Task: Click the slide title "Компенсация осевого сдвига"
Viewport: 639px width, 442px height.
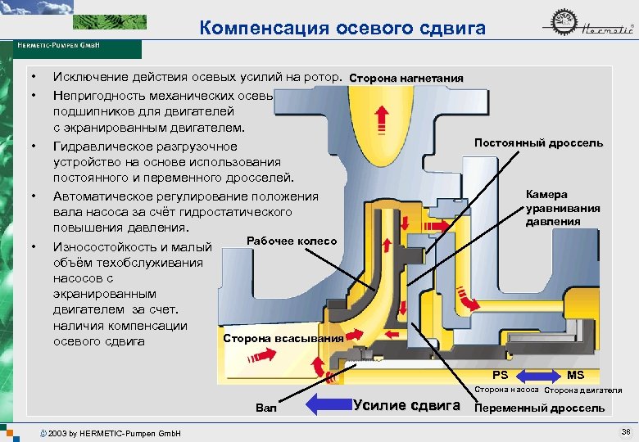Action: coord(342,29)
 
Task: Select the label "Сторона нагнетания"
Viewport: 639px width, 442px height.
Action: coord(406,79)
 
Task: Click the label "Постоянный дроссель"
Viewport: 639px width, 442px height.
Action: coord(538,143)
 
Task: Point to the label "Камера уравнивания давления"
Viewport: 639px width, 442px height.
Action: coord(562,208)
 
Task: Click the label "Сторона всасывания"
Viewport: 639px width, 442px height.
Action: coord(283,338)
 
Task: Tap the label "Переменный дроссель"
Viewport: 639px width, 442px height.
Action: coord(540,408)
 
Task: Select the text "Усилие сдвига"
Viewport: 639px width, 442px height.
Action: coord(406,404)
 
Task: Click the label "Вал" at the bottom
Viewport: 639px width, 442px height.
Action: coord(266,407)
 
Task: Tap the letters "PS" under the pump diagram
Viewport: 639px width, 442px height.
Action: coord(500,375)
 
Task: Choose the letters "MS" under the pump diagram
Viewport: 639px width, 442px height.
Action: coord(576,375)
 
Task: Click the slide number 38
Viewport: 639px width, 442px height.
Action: coord(626,431)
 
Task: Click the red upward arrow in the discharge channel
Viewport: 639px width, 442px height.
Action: coord(380,121)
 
